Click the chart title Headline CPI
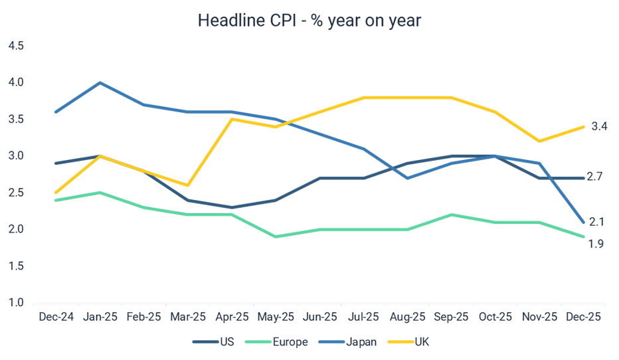309,21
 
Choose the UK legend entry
422,342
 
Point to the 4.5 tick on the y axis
16,46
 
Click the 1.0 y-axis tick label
16,303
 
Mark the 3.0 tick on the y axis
16,156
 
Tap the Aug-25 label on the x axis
407,317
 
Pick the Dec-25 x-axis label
583,317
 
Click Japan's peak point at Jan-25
100,82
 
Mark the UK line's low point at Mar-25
187,185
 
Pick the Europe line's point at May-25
276,236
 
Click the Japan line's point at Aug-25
407,178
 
